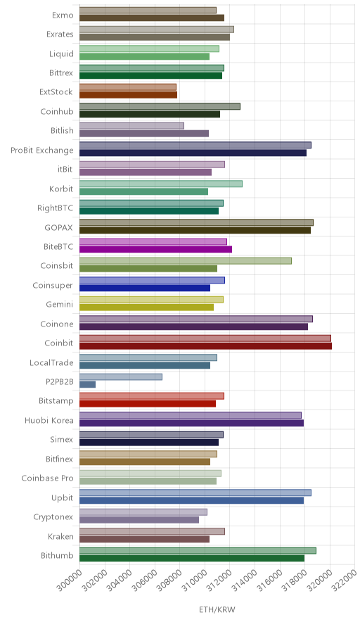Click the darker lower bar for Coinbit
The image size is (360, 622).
pyautogui.click(x=205, y=346)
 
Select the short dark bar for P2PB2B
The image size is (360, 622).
pyautogui.click(x=88, y=384)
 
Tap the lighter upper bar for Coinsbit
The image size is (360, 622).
pyautogui.click(x=186, y=260)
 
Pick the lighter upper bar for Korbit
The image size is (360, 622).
pyautogui.click(x=161, y=184)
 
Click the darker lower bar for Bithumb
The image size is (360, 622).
pyautogui.click(x=192, y=558)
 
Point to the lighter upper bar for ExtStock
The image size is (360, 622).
pyautogui.click(x=128, y=87)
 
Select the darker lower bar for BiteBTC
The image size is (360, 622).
pyautogui.click(x=156, y=249)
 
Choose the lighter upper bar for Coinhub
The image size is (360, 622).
pyautogui.click(x=160, y=106)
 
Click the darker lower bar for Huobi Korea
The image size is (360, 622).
pyautogui.click(x=191, y=423)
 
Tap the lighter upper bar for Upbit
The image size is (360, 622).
pyautogui.click(x=195, y=493)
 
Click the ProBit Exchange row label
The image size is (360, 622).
pyautogui.click(x=42, y=151)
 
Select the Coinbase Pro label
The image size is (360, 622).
pyautogui.click(x=48, y=478)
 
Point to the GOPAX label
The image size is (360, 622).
pyautogui.click(x=58, y=228)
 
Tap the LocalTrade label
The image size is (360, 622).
pyautogui.click(x=51, y=362)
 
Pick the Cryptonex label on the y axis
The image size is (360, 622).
pyautogui.click(x=53, y=517)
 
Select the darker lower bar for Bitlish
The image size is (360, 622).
pyautogui.click(x=144, y=133)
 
